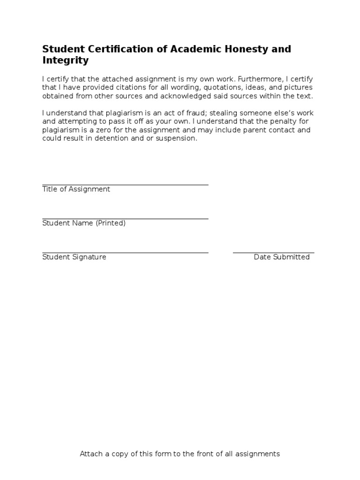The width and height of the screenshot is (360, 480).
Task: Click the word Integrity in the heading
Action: [x=65, y=61]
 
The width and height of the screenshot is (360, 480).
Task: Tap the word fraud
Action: [x=196, y=113]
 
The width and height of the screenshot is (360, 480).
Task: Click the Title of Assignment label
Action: [x=76, y=189]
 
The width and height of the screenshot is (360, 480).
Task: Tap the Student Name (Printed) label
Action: [x=84, y=223]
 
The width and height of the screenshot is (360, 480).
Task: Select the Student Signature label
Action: [x=74, y=257]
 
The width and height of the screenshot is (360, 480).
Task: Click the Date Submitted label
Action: [x=282, y=257]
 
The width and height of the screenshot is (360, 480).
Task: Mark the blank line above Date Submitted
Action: [x=274, y=253]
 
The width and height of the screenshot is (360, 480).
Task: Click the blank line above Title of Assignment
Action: [x=125, y=185]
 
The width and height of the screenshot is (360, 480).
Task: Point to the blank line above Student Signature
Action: [x=125, y=253]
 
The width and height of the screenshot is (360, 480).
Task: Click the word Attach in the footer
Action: [x=91, y=454]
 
